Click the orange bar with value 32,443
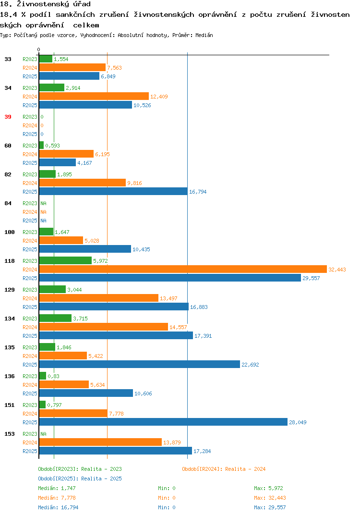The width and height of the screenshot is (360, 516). coord(183,269)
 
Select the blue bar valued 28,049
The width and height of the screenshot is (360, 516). coord(163,422)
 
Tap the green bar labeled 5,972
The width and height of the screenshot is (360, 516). coord(65,260)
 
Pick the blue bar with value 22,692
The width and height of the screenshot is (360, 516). coord(140,364)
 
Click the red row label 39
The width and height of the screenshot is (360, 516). coord(8,117)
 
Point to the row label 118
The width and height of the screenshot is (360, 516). coord(10,261)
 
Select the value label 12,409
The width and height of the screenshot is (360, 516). coord(159,97)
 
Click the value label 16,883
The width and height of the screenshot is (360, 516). coord(199,307)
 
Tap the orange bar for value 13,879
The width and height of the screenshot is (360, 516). coord(101,442)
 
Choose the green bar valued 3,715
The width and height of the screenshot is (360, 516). coord(55,318)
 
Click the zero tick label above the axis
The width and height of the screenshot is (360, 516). coord(38,49)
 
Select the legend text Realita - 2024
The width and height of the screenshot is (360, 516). coord(245,469)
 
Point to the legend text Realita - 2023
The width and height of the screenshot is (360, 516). coord(101,469)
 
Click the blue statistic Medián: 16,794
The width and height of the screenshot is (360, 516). coord(58,507)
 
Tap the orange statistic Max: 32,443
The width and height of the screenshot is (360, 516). coord(270,498)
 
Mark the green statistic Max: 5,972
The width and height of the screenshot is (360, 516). coord(268,488)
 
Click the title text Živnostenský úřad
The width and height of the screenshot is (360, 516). coord(54,4)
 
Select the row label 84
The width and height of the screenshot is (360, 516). coord(8,203)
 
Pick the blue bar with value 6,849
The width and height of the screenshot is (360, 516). coord(70,76)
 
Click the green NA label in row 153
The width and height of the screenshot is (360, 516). coord(43,434)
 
